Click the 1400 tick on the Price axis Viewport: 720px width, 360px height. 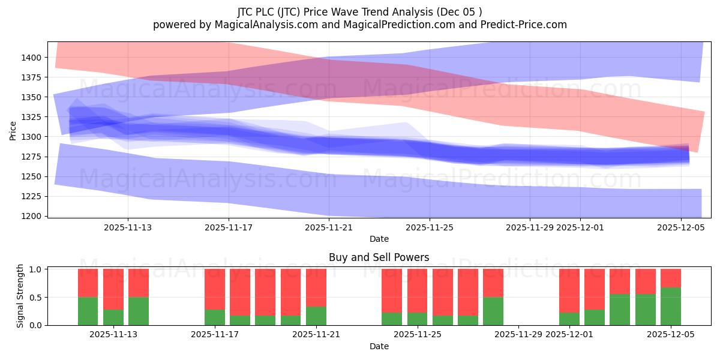tap(33, 58)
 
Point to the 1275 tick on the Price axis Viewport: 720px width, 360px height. tap(33, 157)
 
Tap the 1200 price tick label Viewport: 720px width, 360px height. tap(33, 216)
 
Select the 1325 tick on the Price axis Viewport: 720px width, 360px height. tap(33, 117)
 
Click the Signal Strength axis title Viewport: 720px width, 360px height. tap(20, 296)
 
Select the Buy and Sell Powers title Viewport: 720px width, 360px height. tap(379, 257)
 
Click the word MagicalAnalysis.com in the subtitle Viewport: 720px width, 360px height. tap(261, 25)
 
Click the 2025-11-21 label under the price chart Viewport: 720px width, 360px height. tap(329, 227)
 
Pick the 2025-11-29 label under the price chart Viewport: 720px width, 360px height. tap(529, 227)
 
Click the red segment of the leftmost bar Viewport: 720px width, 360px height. tap(88, 283)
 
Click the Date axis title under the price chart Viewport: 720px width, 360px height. tap(379, 239)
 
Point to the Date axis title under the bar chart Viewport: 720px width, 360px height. tap(379, 346)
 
